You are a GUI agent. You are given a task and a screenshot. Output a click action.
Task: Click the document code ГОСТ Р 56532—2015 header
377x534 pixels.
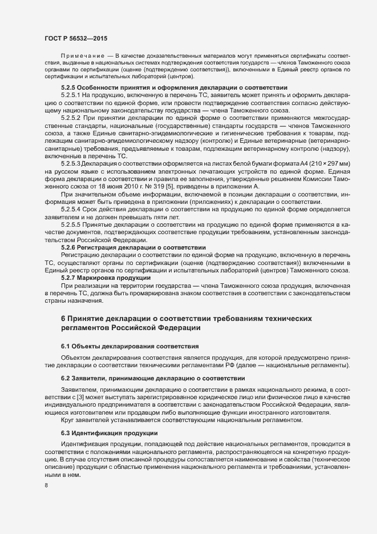point(75,37)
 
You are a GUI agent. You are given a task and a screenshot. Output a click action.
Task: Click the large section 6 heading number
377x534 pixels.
point(63,318)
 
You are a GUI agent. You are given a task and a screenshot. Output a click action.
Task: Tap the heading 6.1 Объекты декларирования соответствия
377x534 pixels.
point(129,346)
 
